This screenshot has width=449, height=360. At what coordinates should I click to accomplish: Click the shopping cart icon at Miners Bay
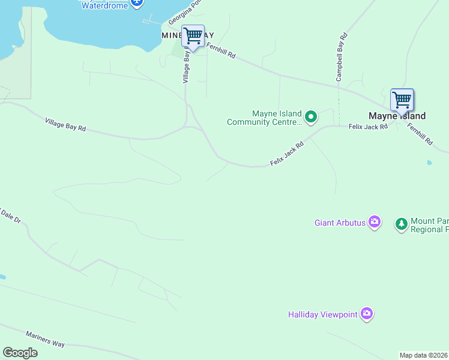(x=193, y=36)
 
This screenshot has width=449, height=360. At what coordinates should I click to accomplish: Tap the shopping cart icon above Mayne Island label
(x=402, y=99)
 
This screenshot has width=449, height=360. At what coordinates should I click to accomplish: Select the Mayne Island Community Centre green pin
(x=310, y=116)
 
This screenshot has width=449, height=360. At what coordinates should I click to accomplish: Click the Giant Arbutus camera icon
(x=375, y=223)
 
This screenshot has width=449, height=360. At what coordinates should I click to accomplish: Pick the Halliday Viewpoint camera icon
(x=367, y=314)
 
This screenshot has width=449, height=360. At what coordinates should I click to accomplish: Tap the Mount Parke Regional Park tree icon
(x=401, y=224)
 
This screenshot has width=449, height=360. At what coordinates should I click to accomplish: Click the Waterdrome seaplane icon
(x=137, y=3)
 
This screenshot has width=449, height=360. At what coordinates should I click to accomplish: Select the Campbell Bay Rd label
(x=340, y=58)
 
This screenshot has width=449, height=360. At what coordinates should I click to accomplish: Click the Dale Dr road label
(x=12, y=218)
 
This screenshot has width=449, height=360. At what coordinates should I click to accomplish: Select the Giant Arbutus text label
(x=340, y=223)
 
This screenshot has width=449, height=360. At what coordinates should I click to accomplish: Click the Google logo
(x=20, y=353)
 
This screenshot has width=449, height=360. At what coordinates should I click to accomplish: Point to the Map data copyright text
(x=423, y=355)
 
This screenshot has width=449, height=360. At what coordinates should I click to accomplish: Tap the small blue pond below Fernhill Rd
(x=430, y=163)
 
